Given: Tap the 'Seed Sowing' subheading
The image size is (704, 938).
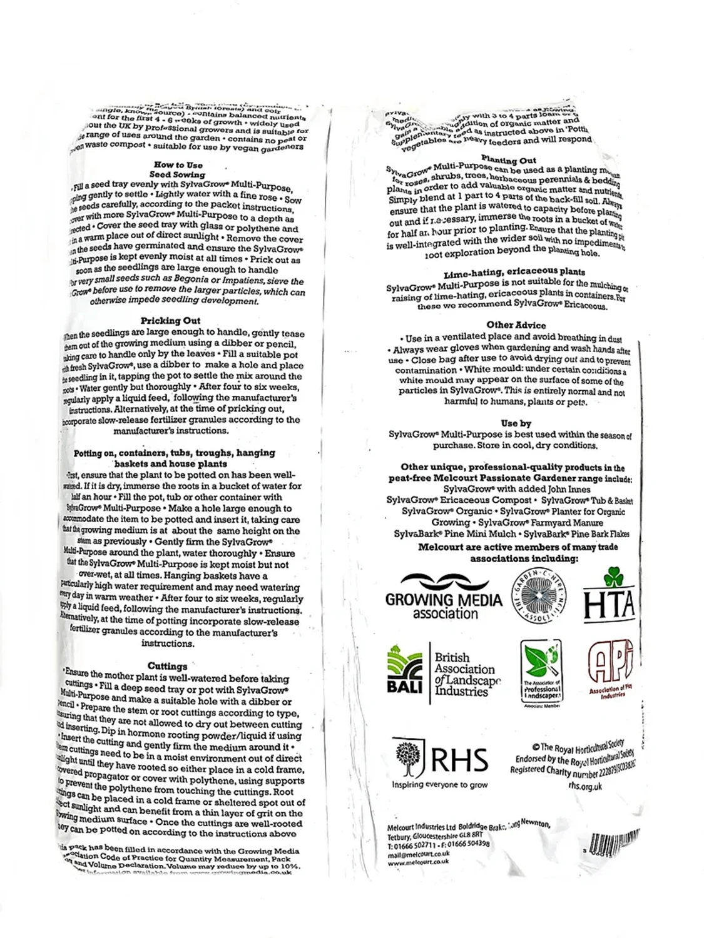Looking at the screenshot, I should [177, 175].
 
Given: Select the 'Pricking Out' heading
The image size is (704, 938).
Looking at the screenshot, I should [170, 321].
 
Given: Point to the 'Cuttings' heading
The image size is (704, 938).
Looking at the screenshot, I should [167, 666].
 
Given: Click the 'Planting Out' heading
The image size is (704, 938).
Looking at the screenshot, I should [509, 160].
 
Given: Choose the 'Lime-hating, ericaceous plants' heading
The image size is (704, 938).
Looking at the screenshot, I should [514, 273].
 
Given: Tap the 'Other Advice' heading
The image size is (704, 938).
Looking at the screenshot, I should [516, 325].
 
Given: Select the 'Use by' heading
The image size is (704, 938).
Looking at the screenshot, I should [516, 423].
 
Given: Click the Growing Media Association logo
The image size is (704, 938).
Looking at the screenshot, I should [443, 597].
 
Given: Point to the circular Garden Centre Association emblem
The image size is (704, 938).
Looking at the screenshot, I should [539, 597].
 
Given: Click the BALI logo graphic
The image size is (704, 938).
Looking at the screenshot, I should [405, 671].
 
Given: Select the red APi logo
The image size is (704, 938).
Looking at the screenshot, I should [610, 667].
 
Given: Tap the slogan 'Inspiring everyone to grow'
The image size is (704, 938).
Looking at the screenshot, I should [439, 785].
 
